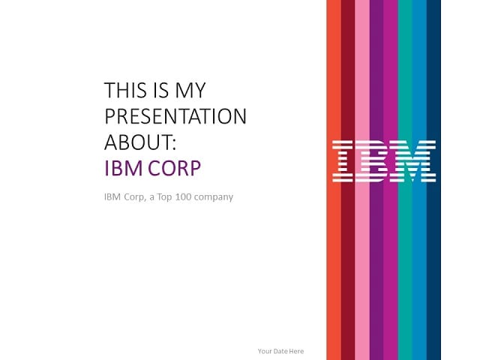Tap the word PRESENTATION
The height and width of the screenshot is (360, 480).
pyautogui.click(x=175, y=116)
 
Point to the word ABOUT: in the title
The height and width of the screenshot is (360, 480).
pyautogui.click(x=140, y=142)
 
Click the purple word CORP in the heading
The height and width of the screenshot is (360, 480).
pyautogui.click(x=175, y=168)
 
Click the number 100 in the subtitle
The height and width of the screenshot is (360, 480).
pyautogui.click(x=183, y=196)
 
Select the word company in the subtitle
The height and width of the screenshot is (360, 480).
pyautogui.click(x=214, y=197)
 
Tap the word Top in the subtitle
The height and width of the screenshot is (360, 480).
pyautogui.click(x=165, y=197)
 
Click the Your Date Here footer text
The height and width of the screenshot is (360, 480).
pyautogui.click(x=281, y=351)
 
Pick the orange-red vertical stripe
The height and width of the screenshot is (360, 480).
pyautogui.click(x=334, y=180)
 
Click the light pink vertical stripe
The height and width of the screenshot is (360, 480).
pyautogui.click(x=362, y=180)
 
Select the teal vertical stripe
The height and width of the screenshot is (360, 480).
pyautogui.click(x=405, y=180)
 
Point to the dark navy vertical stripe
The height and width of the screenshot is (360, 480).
pyautogui.click(x=433, y=180)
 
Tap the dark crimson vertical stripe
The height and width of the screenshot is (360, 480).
pyautogui.click(x=348, y=180)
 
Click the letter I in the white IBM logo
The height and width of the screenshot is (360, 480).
pyautogui.click(x=343, y=161)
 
